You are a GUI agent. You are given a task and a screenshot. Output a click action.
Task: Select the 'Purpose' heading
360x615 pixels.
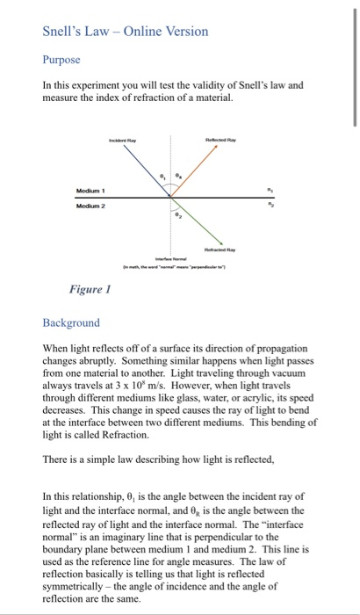click(x=61, y=61)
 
